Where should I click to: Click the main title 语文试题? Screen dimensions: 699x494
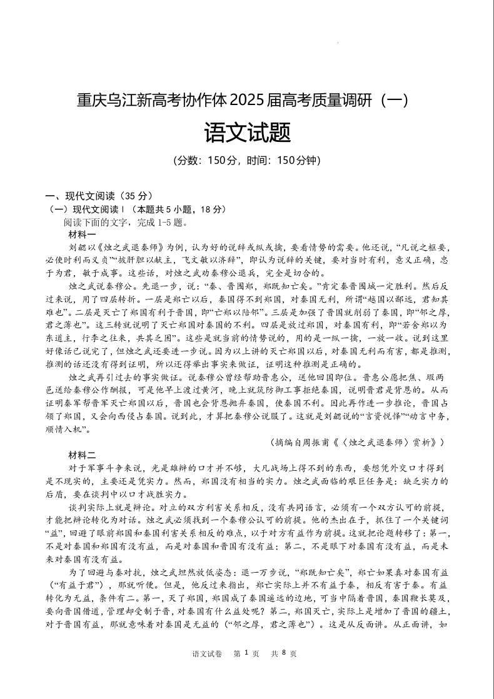tap(247, 132)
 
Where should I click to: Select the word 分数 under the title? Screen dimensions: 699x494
tap(189, 160)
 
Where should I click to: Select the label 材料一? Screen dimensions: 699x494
tap(83, 234)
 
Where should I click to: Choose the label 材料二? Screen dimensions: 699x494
tap(83, 454)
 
